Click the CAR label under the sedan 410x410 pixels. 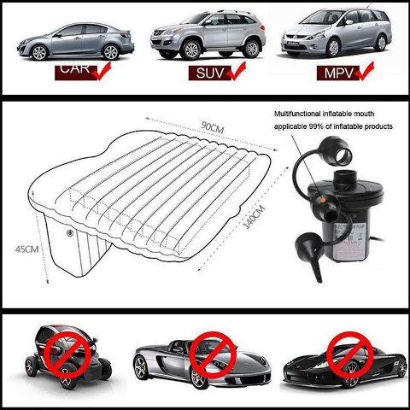point(74,70)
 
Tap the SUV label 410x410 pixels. point(206,73)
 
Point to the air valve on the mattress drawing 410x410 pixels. point(69,232)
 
